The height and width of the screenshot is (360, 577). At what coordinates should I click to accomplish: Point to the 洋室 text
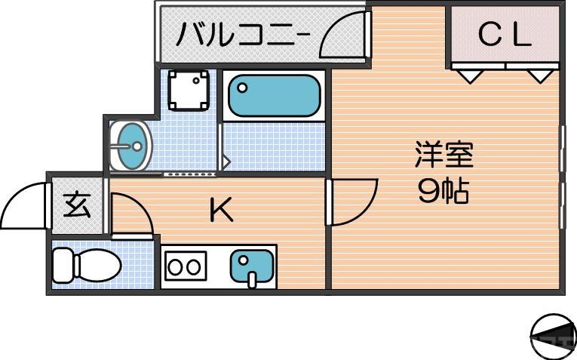[x=443, y=156]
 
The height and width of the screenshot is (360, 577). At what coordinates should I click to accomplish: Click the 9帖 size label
[x=443, y=192]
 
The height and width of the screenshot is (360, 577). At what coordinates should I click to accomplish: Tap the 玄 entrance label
[x=76, y=205]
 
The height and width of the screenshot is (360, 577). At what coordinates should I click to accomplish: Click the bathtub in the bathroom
[x=273, y=95]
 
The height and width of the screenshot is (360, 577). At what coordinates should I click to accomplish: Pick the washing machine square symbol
[x=188, y=91]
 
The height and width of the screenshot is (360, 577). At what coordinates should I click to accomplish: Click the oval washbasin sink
[x=130, y=145]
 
